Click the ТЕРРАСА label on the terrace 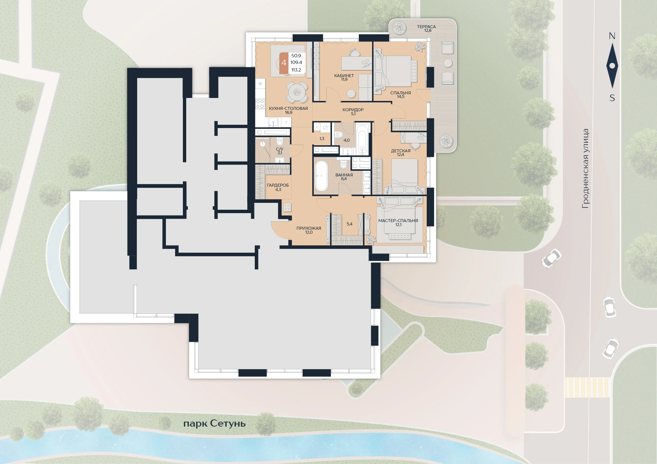(x=426, y=26)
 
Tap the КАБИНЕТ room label (x=344, y=75)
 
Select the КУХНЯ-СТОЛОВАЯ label (x=288, y=108)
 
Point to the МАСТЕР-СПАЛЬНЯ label (x=398, y=220)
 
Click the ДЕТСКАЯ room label (x=401, y=151)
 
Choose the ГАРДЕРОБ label (x=278, y=185)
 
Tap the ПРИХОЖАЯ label (x=309, y=228)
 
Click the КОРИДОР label (x=353, y=110)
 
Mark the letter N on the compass (x=612, y=36)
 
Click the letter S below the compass (x=612, y=98)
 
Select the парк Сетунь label (x=214, y=424)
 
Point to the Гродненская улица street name (x=585, y=168)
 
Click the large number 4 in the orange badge (x=284, y=63)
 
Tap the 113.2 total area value (x=296, y=70)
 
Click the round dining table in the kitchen (x=297, y=92)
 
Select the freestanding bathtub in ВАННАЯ (x=321, y=176)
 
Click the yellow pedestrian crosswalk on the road (x=587, y=387)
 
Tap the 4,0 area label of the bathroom (x=346, y=140)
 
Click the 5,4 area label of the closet (x=349, y=224)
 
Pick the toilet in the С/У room (x=279, y=141)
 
